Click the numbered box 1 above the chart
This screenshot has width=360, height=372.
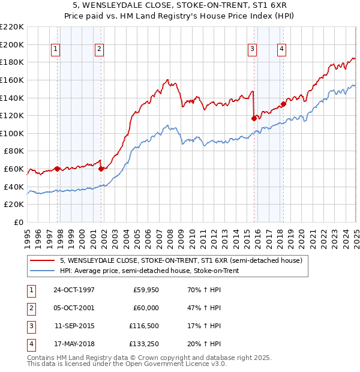(x=55, y=50)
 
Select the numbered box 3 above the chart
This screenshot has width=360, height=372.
(x=253, y=50)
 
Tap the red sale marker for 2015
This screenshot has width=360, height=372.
(x=254, y=118)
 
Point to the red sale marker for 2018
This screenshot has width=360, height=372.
(x=283, y=104)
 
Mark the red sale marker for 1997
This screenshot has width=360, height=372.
(x=58, y=169)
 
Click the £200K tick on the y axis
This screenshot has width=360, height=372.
(x=13, y=44)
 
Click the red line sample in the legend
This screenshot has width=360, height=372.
(x=43, y=260)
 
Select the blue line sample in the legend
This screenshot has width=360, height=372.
(x=43, y=271)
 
